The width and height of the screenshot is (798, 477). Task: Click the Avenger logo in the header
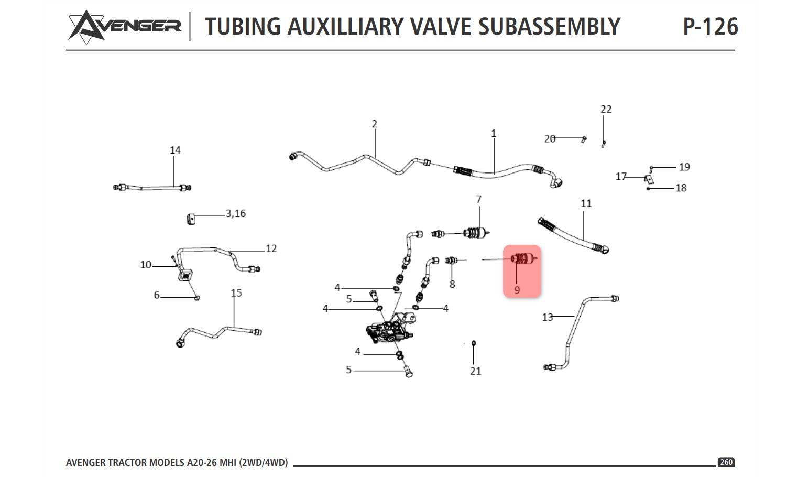pyautogui.click(x=125, y=27)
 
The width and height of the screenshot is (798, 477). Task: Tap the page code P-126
pyautogui.click(x=710, y=27)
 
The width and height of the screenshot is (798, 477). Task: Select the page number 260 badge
pyautogui.click(x=726, y=462)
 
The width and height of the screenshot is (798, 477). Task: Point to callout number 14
pyautogui.click(x=175, y=150)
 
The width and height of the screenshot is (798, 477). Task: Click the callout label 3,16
pyautogui.click(x=236, y=213)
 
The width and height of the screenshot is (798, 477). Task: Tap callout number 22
pyautogui.click(x=606, y=109)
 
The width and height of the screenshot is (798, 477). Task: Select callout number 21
pyautogui.click(x=476, y=371)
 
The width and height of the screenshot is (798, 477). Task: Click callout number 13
pyautogui.click(x=548, y=317)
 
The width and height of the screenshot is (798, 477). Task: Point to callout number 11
pyautogui.click(x=586, y=203)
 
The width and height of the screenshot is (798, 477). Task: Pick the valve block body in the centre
pyautogui.click(x=389, y=332)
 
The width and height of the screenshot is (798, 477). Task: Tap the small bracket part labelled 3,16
pyautogui.click(x=191, y=219)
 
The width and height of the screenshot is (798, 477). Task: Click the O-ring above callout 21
pyautogui.click(x=474, y=343)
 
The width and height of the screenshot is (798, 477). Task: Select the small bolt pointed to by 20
pyautogui.click(x=584, y=139)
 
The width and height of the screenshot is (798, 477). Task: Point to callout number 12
pyautogui.click(x=271, y=248)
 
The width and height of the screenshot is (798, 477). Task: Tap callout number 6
pyautogui.click(x=157, y=295)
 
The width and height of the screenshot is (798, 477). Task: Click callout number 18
pyautogui.click(x=681, y=188)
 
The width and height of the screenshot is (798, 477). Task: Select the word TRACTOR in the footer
pyautogui.click(x=128, y=463)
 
